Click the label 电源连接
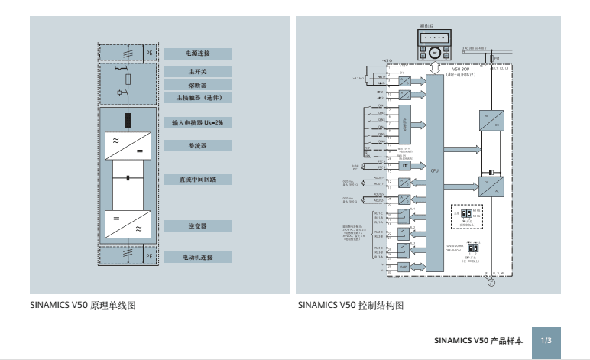198,54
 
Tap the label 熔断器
198,85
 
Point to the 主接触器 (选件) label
198,98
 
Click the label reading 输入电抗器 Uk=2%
198,122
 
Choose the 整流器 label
198,144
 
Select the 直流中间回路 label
198,179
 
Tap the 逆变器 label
198,226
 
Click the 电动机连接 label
198,257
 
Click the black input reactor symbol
128,120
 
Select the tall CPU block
434,172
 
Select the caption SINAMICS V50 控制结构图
350,305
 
